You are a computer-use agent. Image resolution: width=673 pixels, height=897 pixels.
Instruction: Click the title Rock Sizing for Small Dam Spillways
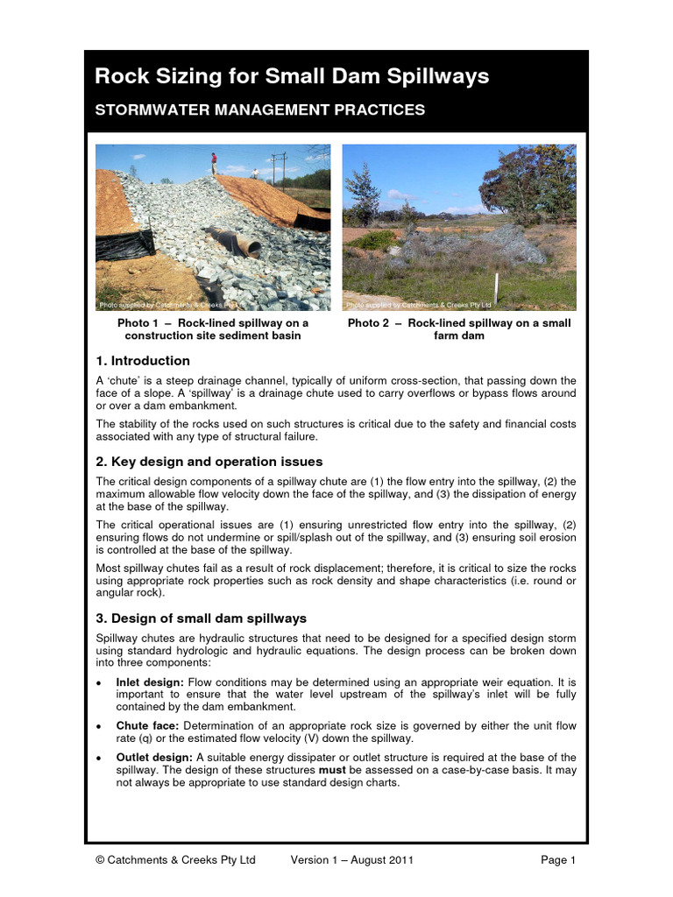pyautogui.click(x=291, y=77)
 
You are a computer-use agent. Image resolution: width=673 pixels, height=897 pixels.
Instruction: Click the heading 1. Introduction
pyautogui.click(x=142, y=361)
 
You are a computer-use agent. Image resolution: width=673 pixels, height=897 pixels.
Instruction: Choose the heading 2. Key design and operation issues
pyautogui.click(x=209, y=462)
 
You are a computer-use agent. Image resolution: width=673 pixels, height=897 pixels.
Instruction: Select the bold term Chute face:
pyautogui.click(x=142, y=726)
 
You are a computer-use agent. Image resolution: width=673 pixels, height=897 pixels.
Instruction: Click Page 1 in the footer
pyautogui.click(x=558, y=860)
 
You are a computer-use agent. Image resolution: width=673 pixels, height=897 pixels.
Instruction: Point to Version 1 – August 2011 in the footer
pyautogui.click(x=352, y=860)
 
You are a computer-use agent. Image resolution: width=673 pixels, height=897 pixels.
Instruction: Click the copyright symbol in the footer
pyautogui.click(x=100, y=860)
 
